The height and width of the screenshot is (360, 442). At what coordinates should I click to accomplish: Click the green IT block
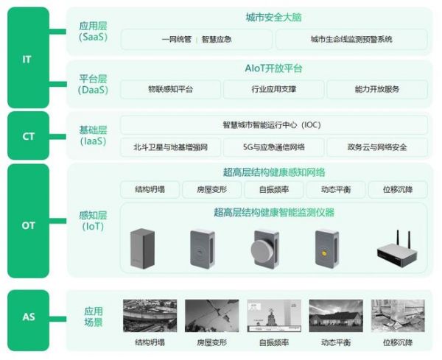pos(28,57)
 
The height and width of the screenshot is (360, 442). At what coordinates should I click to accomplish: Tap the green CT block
pos(28,135)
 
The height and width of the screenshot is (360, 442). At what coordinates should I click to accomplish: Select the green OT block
pos(28,221)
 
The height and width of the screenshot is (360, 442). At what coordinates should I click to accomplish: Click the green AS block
pos(28,320)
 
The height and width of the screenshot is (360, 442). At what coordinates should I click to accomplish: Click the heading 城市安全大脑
pos(274,18)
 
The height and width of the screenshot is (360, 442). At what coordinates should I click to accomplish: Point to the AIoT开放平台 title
pos(274,68)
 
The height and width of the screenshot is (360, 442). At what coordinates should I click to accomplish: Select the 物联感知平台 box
pos(171,89)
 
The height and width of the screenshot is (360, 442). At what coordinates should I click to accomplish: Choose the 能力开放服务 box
pos(377,89)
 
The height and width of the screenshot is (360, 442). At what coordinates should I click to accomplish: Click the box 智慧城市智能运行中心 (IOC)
pos(274,125)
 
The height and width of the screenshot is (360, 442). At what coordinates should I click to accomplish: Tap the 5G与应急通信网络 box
pos(274,147)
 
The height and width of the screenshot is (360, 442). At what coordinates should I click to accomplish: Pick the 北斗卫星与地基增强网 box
pos(171,147)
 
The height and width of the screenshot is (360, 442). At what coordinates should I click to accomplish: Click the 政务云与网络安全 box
pos(377,147)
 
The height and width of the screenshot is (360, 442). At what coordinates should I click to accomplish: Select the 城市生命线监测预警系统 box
pos(351,39)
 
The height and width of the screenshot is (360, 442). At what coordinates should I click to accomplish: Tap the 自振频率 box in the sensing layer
pos(274,190)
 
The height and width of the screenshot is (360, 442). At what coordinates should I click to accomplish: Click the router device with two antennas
pos(397,250)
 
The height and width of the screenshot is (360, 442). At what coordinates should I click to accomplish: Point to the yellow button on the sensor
pos(324,253)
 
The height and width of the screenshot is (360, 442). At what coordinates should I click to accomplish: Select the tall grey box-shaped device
pos(142,248)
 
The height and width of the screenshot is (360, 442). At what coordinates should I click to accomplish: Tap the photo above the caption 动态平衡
pos(336,316)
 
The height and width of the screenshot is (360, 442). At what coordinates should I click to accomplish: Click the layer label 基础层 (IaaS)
pos(93,135)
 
